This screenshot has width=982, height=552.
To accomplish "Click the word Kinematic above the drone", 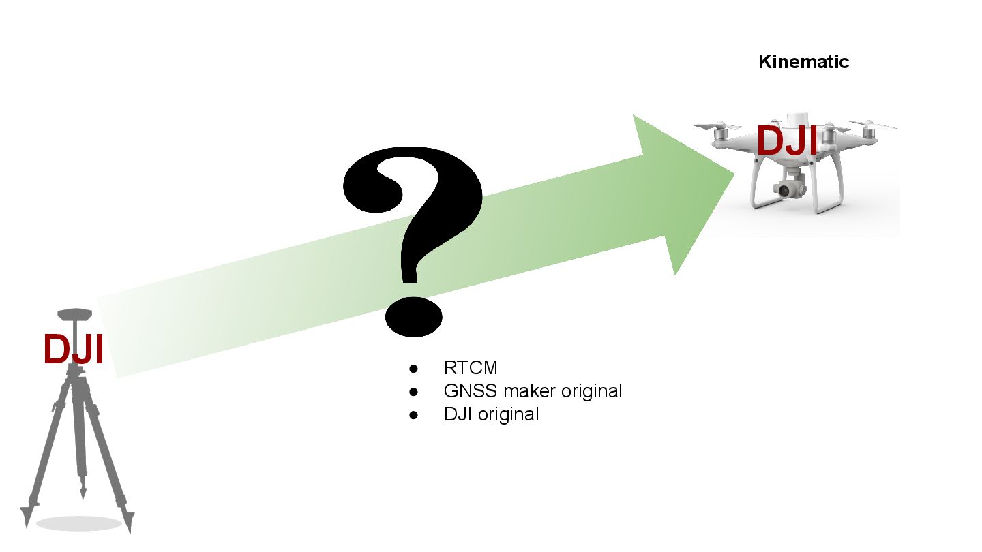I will tap(803, 62).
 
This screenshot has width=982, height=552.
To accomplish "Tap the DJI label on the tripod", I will tap(73, 350).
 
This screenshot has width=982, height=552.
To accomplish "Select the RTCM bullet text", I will tap(471, 368).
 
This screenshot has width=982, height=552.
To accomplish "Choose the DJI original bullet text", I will tap(491, 414).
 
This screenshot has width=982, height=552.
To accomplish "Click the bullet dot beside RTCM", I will tap(413, 369).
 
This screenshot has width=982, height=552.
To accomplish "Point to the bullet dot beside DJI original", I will tap(413, 414).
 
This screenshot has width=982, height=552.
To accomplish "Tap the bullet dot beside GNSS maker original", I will tap(413, 392).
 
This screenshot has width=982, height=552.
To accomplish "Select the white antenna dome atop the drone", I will tap(796, 119).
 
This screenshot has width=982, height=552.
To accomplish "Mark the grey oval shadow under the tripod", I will tap(78, 523).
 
